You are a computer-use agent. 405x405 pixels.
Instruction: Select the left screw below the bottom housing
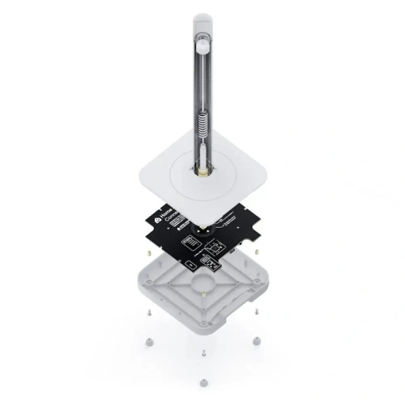tap(149, 312)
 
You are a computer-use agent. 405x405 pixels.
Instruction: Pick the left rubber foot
tap(149, 340)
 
